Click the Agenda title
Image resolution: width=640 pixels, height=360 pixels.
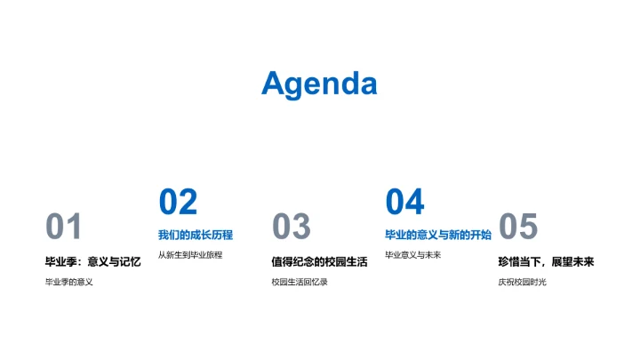pos(319,84)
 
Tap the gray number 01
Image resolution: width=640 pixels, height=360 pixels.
pos(64,228)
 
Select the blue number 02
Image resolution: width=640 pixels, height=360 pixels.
pos(178,203)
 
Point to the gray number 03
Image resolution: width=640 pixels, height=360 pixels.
pos(291,228)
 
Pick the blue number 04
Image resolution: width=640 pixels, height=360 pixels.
pos(404,203)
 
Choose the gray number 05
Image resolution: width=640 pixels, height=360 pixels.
pos(518,228)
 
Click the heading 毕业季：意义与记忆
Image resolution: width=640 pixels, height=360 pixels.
pos(92,262)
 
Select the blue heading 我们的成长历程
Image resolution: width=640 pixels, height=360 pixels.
pos(196,236)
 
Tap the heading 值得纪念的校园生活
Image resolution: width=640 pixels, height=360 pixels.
pos(319,262)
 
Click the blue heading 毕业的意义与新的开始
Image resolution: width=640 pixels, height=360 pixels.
pos(437,236)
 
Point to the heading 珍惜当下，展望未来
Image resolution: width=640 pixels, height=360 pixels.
pos(545,262)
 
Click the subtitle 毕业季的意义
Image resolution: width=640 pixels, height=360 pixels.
pos(69,283)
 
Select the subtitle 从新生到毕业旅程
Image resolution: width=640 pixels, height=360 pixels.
pos(190,255)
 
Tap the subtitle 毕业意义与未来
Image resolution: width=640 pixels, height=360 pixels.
pos(412,255)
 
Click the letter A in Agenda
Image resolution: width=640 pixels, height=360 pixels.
pos(275,84)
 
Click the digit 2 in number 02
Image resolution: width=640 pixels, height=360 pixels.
pos(188,203)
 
